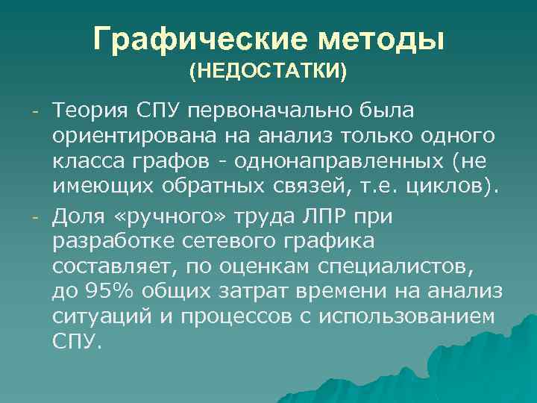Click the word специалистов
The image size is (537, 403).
click(404, 266)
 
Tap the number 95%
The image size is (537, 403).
click(103, 291)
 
